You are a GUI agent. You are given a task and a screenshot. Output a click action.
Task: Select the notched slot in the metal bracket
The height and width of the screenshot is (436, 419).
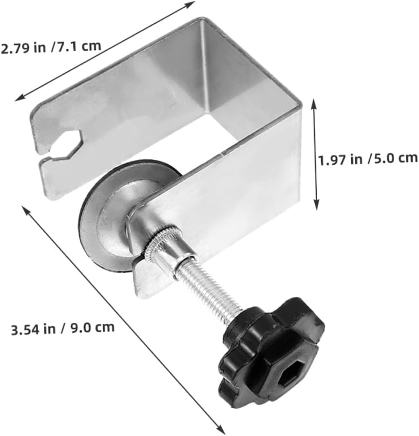tap(66, 144)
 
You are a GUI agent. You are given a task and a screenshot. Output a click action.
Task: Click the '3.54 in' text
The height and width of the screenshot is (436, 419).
tap(33, 329)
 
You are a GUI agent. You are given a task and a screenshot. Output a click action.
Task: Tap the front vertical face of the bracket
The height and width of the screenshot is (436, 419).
tap(234, 200)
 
